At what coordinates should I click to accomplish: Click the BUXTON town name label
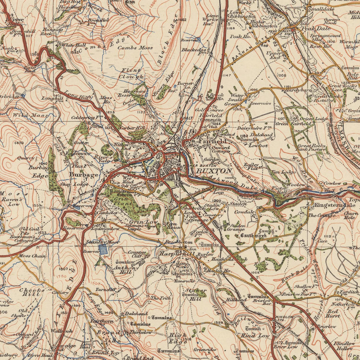pyautogui.click(x=214, y=171)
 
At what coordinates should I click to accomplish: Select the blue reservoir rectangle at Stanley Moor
pyautogui.click(x=103, y=250)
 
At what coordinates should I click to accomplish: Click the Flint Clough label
pyautogui.click(x=132, y=73)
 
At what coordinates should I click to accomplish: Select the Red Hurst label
pyautogui.click(x=333, y=313)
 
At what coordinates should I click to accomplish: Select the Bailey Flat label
pyautogui.click(x=251, y=167)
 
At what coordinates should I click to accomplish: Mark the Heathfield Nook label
pyautogui.click(x=236, y=260)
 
